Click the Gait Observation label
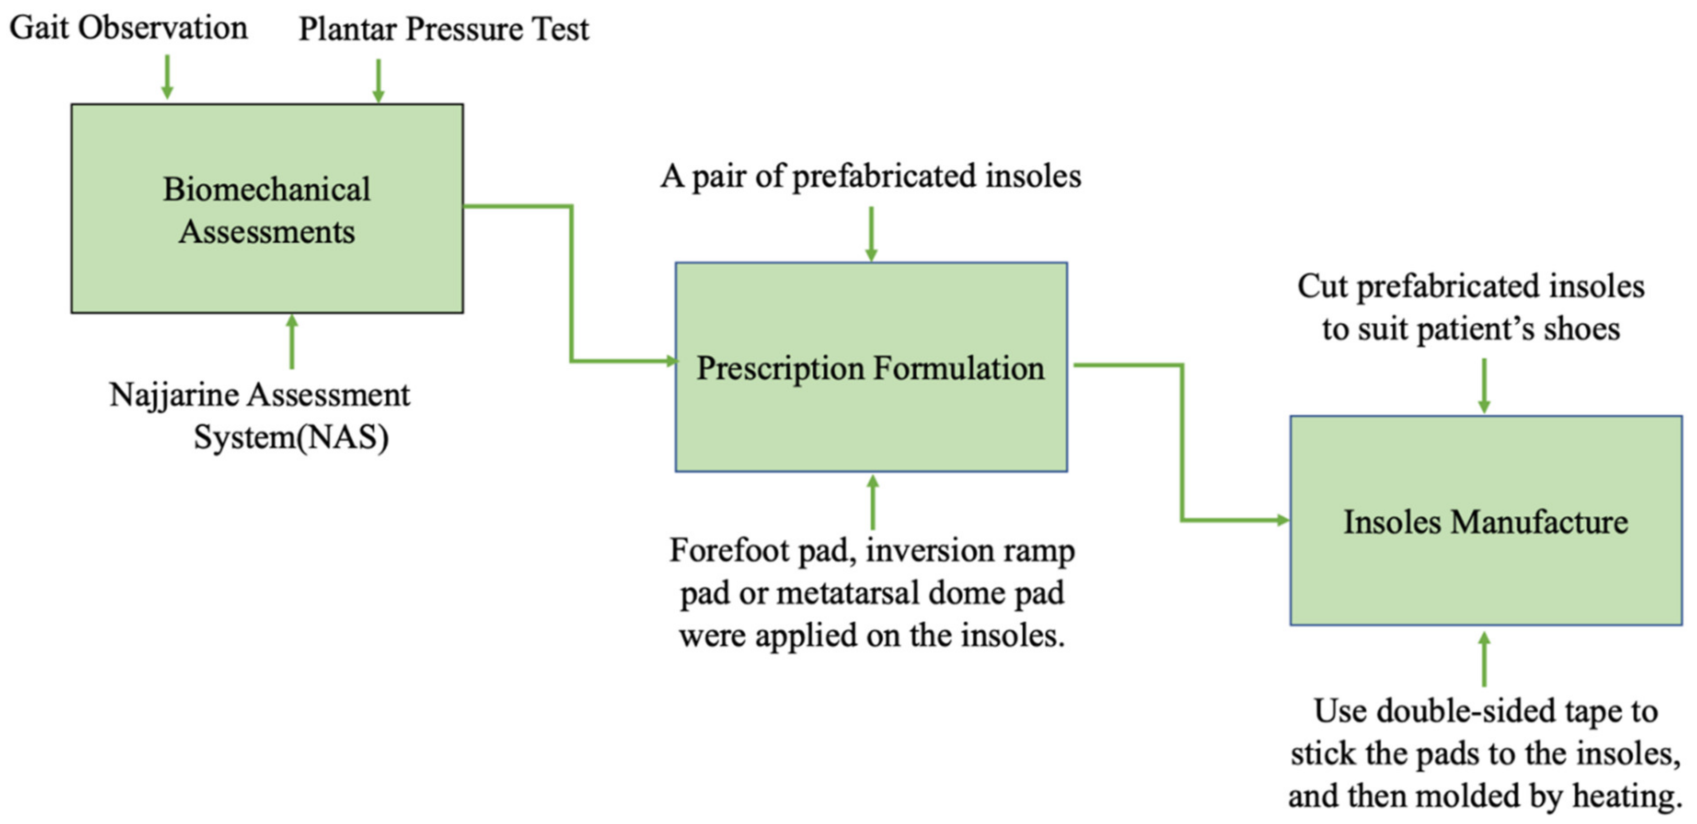(x=129, y=28)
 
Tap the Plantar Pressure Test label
(x=443, y=30)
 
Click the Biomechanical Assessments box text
(x=267, y=210)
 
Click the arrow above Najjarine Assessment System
(x=292, y=341)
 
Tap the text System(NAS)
(x=290, y=437)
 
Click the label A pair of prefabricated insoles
(x=870, y=177)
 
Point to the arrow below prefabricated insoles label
(x=871, y=235)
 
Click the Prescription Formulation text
(x=870, y=368)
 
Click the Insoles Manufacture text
(x=1486, y=522)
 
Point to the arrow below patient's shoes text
(x=1484, y=386)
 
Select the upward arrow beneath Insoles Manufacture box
(x=1484, y=659)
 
